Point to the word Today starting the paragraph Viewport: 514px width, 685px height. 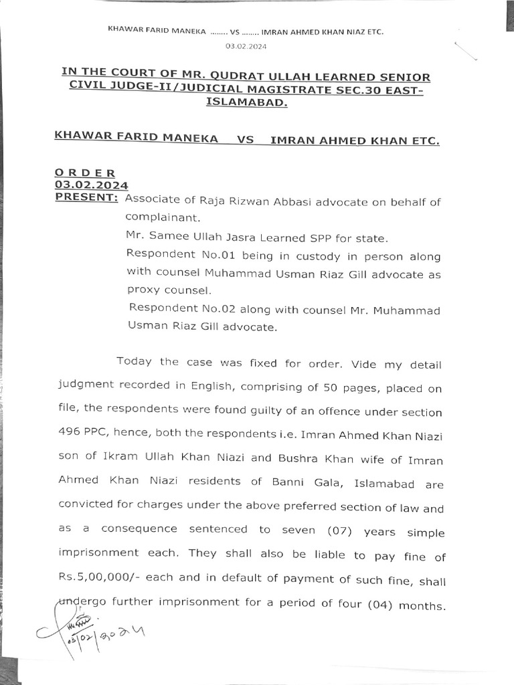tap(136, 362)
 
